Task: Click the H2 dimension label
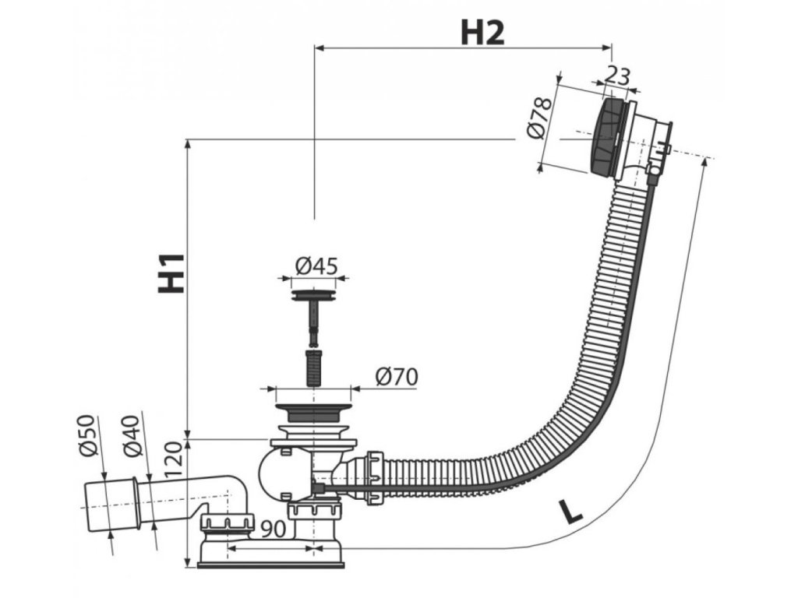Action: [x=482, y=32]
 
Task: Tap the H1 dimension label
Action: [x=171, y=272]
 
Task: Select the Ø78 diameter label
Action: [x=539, y=119]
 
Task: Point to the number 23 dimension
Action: [x=617, y=76]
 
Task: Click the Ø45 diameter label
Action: [x=316, y=266]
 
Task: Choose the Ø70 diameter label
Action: [x=396, y=377]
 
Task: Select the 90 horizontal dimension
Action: [x=271, y=529]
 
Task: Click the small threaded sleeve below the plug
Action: [x=312, y=367]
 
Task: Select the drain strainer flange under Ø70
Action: [x=312, y=410]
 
